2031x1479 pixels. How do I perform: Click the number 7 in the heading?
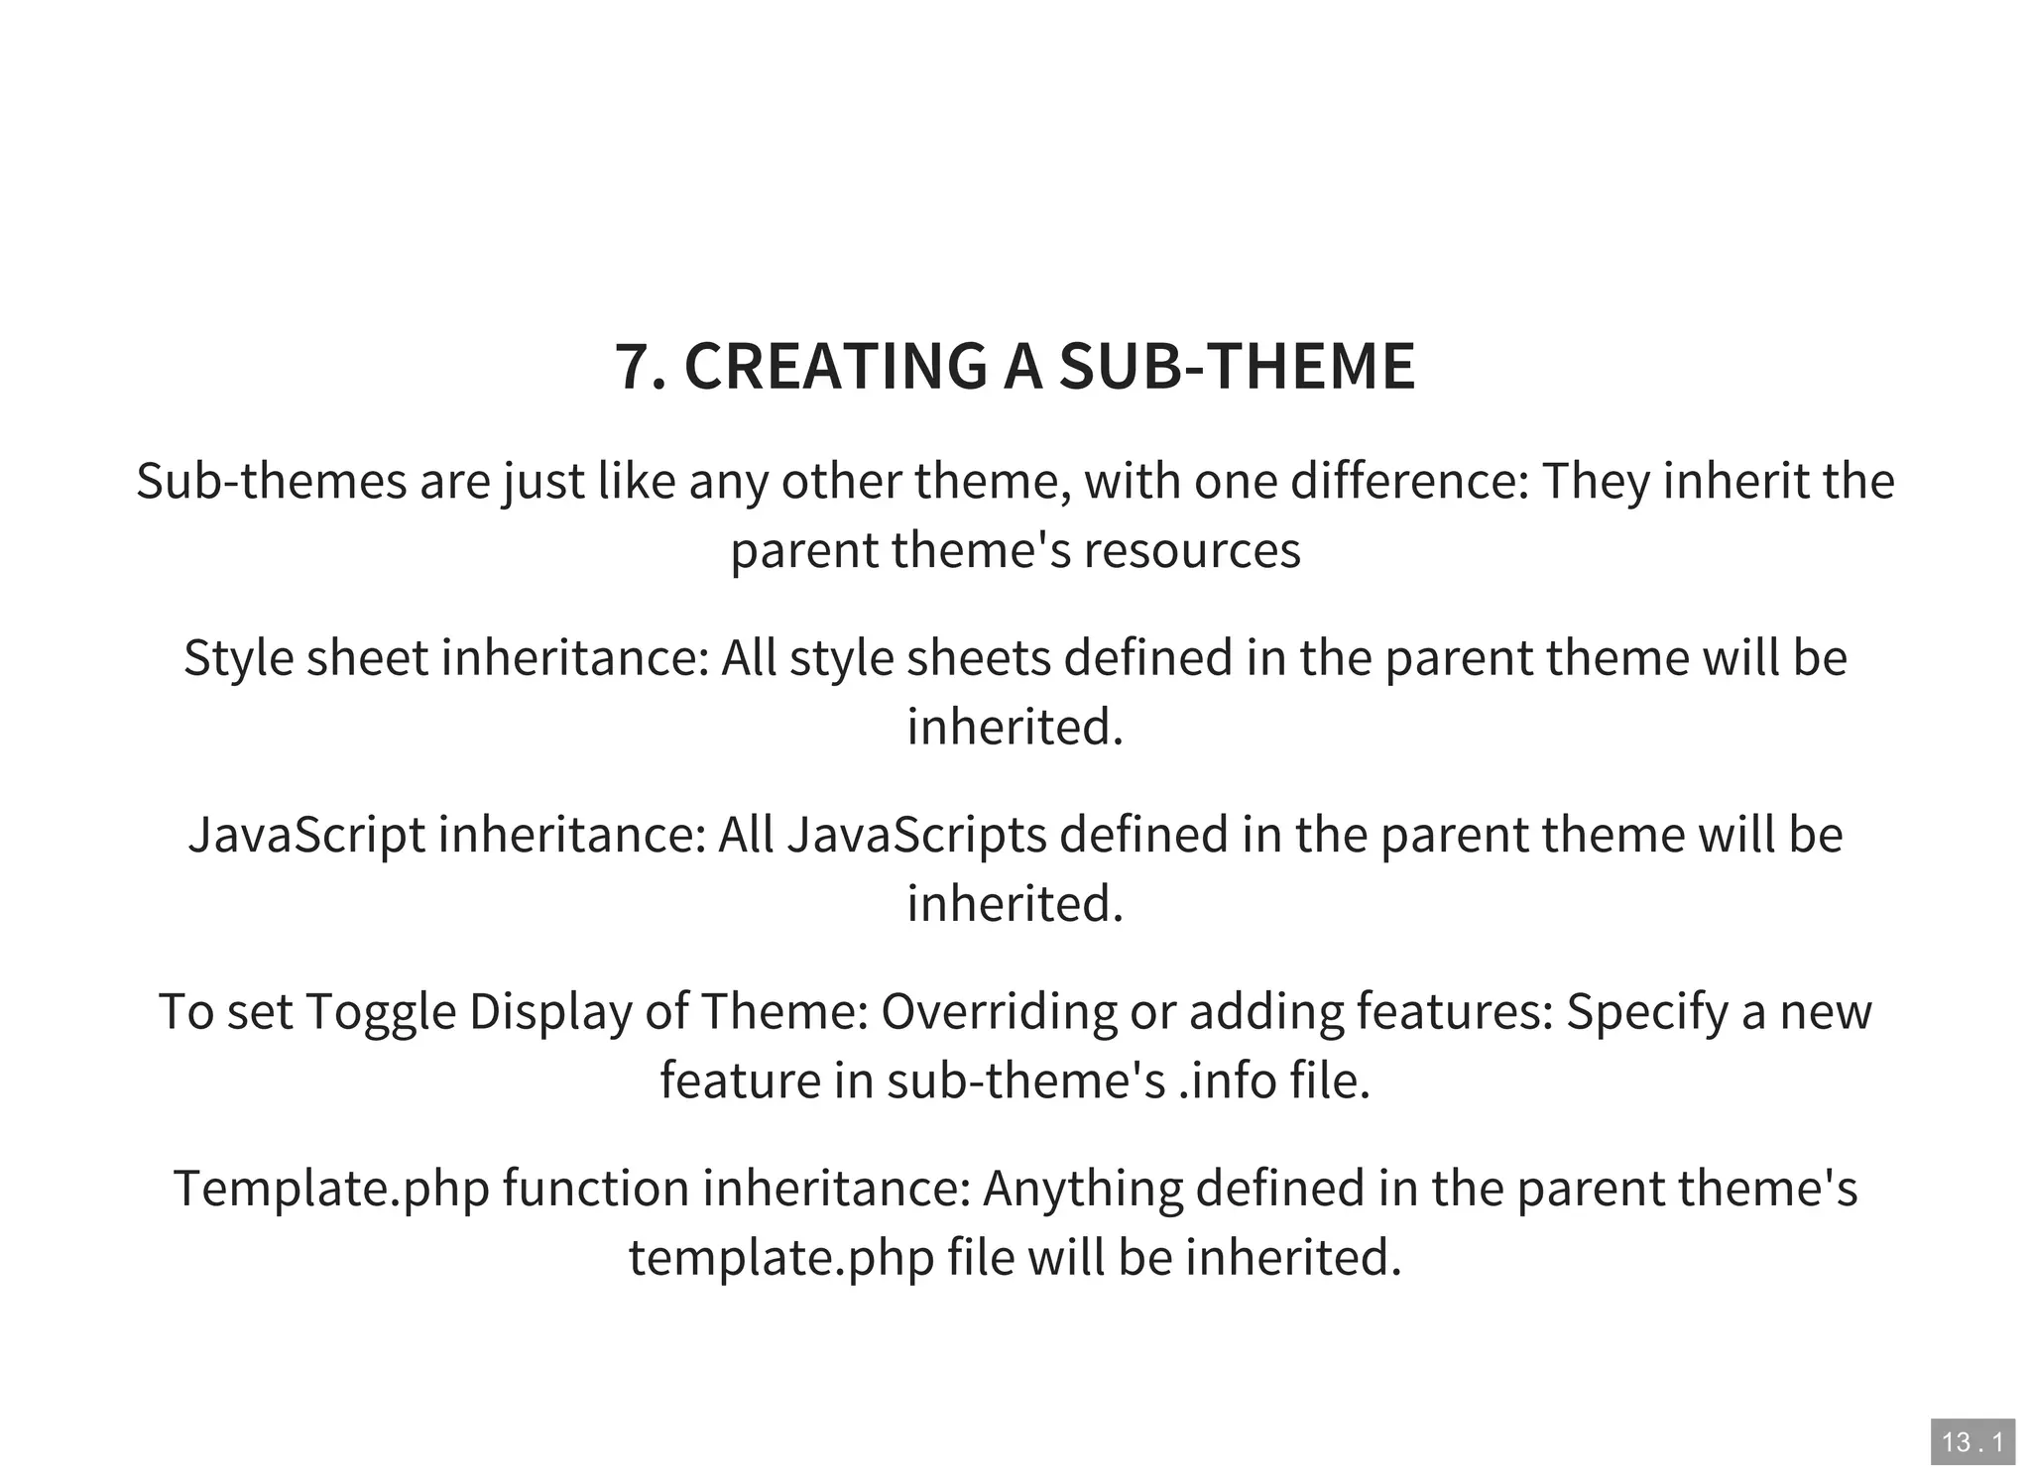click(632, 367)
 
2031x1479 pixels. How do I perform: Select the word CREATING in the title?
click(835, 367)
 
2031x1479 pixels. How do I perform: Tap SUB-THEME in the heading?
click(1237, 367)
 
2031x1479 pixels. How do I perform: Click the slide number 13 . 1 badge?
click(1971, 1441)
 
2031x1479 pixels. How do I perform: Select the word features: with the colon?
click(1455, 1012)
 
